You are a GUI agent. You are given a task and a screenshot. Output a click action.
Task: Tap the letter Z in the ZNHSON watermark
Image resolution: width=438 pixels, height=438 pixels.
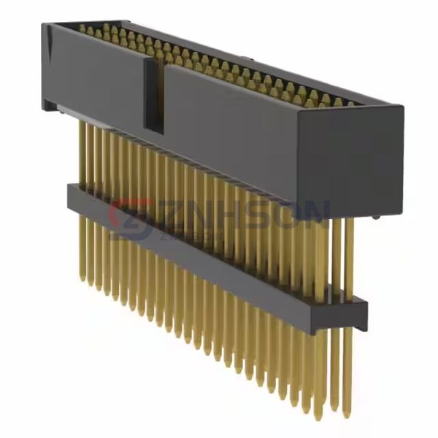pos(170,215)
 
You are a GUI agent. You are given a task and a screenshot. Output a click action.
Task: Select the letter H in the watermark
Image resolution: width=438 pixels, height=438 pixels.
pos(232,214)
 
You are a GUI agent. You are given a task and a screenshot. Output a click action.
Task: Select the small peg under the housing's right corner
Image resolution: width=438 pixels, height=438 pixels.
pos(375,216)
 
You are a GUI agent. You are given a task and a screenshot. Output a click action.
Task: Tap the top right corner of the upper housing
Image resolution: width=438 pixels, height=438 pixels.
pos(402,108)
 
